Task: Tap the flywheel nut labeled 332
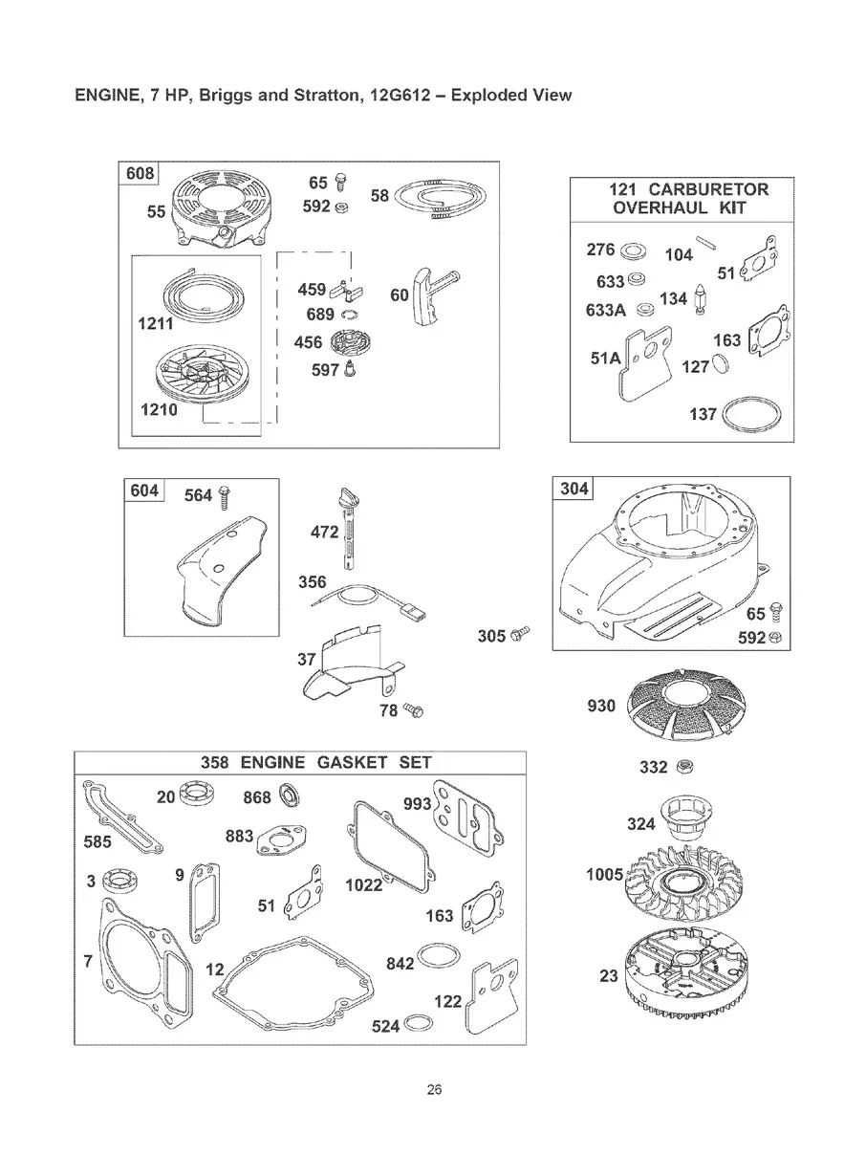coord(683,766)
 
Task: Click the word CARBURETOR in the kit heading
coord(708,188)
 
